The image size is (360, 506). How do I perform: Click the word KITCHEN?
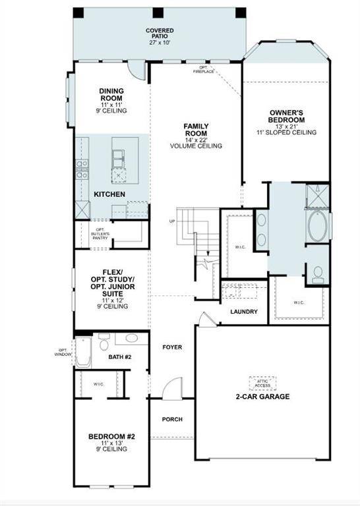109,194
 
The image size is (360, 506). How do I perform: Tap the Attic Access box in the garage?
263,381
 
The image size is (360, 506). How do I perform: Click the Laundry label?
244,312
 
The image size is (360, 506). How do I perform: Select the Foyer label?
172,347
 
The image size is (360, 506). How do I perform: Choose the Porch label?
172,419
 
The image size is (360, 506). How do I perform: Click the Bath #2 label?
121,357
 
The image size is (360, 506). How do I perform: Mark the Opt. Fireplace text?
204,70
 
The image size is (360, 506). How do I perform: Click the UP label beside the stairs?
173,221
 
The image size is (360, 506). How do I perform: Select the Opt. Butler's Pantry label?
99,232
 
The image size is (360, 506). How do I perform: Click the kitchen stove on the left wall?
82,170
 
